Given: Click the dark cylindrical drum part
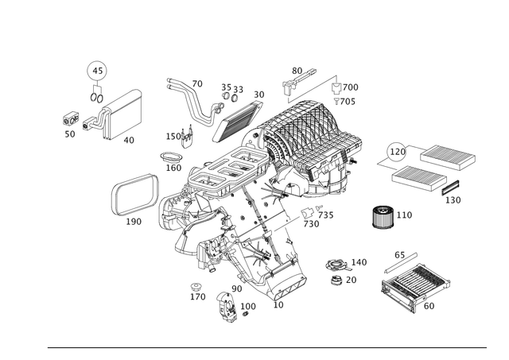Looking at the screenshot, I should pyautogui.click(x=383, y=217).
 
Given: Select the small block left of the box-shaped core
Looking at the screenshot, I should pyautogui.click(x=70, y=120).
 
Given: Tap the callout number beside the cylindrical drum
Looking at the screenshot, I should pyautogui.click(x=406, y=213).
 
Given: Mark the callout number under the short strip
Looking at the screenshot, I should pyautogui.click(x=456, y=201).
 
